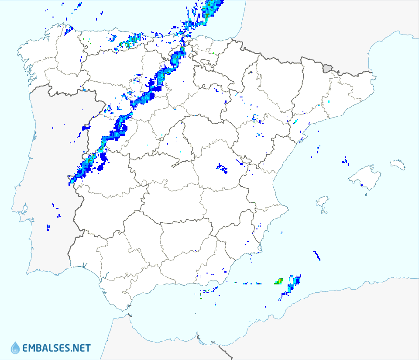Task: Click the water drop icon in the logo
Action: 15,348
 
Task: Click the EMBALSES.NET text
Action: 56,348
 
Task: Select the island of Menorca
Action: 398,164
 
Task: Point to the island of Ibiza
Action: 322,201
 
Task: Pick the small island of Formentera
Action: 324,212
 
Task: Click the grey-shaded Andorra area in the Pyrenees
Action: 327,68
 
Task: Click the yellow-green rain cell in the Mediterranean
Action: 278,282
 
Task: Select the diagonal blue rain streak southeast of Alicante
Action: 317,255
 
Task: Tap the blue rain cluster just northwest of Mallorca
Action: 345,161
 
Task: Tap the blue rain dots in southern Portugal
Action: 48,227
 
